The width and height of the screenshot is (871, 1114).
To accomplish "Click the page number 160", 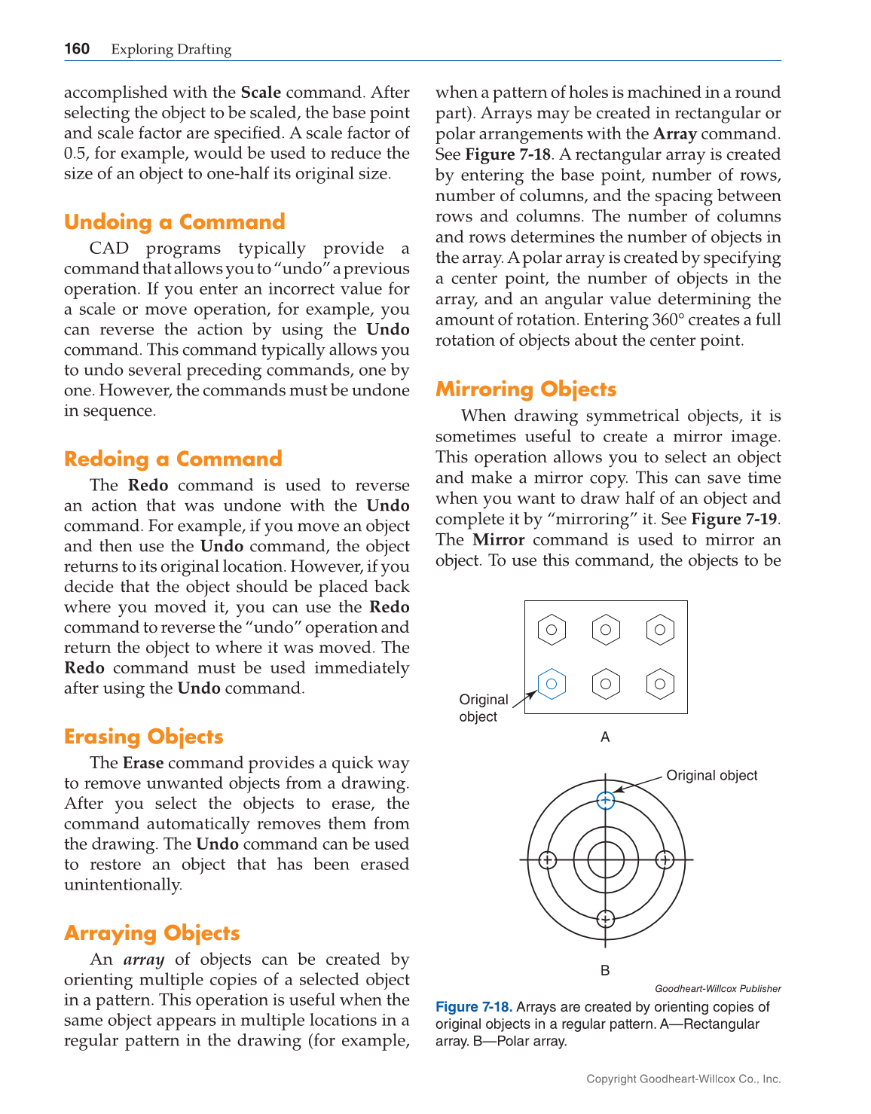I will click(x=77, y=49).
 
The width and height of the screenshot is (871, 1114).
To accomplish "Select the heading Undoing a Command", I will click(x=174, y=221).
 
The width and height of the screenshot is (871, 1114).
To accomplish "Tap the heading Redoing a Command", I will click(x=173, y=459).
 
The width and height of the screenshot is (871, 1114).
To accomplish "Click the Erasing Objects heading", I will click(x=143, y=736).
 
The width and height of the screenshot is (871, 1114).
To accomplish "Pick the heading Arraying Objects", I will click(x=151, y=932).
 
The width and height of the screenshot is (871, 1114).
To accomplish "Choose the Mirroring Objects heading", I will click(x=525, y=389).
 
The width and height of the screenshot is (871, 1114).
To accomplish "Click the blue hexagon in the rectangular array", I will click(x=552, y=684).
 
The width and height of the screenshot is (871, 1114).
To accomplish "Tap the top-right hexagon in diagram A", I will click(x=660, y=630).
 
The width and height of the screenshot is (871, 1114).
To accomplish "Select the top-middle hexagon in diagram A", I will click(x=606, y=630).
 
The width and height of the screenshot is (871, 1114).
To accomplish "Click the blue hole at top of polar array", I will click(x=606, y=801).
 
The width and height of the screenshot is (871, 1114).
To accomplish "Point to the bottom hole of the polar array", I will click(x=606, y=919).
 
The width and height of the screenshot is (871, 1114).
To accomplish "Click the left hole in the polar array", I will click(x=548, y=859).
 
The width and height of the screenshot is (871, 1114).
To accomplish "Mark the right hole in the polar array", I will click(x=665, y=859).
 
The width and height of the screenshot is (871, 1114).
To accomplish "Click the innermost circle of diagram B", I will click(x=606, y=859).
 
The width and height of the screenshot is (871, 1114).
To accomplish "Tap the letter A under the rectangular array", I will click(x=605, y=737).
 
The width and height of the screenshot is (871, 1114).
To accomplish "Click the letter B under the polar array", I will click(x=605, y=971).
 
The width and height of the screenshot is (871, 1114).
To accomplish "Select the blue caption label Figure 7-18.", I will click(x=474, y=1007).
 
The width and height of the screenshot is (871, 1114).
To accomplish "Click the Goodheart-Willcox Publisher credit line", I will click(x=717, y=988).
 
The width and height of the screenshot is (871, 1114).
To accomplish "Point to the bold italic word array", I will click(x=143, y=960).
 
